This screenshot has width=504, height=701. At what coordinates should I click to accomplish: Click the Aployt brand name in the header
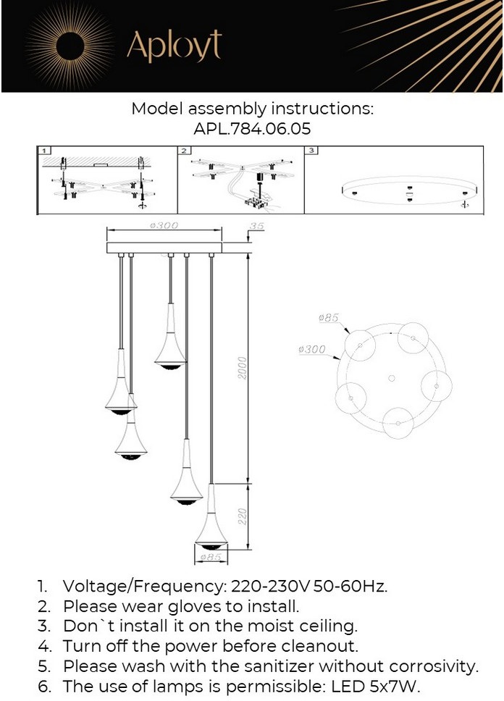coord(174,46)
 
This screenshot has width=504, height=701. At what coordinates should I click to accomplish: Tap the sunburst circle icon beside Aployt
coord(68,46)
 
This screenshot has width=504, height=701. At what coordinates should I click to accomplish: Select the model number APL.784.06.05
coord(252,129)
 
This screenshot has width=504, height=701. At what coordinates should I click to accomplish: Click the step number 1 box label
coord(44,151)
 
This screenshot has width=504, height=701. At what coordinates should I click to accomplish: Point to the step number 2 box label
coord(184,151)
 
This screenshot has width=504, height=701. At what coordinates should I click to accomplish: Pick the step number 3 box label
coord(311,151)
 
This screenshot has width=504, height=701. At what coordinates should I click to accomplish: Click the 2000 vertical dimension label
coord(242,368)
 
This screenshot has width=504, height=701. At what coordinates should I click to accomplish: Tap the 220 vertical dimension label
coord(242,516)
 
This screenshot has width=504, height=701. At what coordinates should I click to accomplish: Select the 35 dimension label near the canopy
coord(256,226)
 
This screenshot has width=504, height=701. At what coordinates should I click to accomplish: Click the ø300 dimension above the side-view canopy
coord(164,225)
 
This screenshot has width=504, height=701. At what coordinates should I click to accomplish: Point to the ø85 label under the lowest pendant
coord(211,557)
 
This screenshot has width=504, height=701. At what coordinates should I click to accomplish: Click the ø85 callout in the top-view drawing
coord(329,317)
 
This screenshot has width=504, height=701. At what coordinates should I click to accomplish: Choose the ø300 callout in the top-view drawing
coord(311,349)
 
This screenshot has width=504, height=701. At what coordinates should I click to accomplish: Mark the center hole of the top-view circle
coord(391,379)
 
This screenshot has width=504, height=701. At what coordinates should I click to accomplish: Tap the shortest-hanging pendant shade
coord(170,337)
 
